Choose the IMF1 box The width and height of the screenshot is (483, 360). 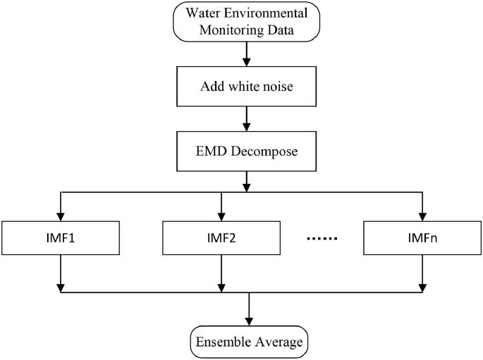(61, 238)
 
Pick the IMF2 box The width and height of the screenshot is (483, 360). (221, 238)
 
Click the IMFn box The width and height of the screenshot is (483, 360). (422, 238)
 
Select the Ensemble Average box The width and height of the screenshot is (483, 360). (250, 342)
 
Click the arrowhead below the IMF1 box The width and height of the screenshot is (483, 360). (61, 287)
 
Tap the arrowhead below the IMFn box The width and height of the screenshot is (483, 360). (422, 287)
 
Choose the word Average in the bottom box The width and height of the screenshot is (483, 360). (276, 342)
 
